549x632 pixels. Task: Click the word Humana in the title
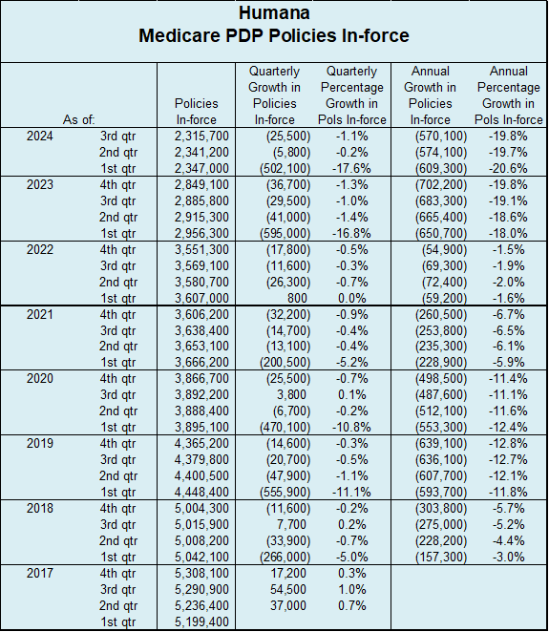[x=274, y=13]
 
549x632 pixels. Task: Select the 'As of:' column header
[x=78, y=119]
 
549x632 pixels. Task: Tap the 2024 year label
[x=39, y=136]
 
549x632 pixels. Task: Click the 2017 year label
[x=39, y=573]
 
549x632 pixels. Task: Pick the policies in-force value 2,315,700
[x=201, y=137]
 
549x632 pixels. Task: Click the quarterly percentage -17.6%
[x=351, y=168]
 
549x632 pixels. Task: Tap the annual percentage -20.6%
[x=508, y=168]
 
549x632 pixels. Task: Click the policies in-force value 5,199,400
[x=201, y=621]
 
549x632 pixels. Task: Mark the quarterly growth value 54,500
[x=287, y=589]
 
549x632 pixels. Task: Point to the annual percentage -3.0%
[x=508, y=557]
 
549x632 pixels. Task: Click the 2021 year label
[x=39, y=314]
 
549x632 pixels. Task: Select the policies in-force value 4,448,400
[x=201, y=492]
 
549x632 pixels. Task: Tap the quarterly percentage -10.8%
[x=351, y=428]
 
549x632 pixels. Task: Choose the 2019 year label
[x=39, y=443]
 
